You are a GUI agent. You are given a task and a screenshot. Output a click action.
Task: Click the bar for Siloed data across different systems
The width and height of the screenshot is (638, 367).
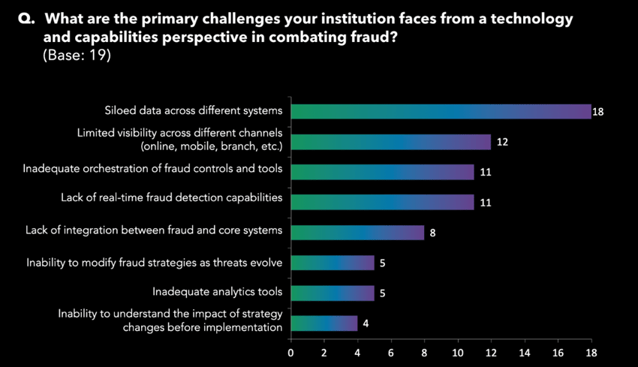point(441,111)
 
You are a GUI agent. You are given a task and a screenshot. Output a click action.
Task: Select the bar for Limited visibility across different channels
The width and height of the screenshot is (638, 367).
point(390,142)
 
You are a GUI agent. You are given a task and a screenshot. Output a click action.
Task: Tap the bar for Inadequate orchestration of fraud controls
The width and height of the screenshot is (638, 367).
point(382,172)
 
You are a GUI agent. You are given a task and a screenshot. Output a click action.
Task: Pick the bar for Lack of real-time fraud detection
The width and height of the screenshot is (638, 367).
point(382,202)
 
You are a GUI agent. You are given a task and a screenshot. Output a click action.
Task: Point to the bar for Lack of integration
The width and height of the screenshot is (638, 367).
point(357,233)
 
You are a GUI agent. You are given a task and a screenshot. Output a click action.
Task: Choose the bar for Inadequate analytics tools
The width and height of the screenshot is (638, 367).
point(332,293)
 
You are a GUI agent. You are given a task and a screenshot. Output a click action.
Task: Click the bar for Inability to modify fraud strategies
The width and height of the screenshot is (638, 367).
point(332,263)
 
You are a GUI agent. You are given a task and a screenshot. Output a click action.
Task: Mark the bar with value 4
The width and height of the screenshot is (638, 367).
point(324,323)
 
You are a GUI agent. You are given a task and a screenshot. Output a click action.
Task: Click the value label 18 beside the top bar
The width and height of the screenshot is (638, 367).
point(598,112)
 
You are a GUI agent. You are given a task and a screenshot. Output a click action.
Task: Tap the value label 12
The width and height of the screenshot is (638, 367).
point(503,142)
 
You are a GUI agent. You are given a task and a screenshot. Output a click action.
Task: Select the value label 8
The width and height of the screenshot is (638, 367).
point(432,233)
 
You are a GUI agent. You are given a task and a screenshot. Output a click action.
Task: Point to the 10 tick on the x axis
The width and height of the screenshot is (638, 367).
point(458,351)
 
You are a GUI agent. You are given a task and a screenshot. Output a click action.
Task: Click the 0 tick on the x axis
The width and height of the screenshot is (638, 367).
point(290,351)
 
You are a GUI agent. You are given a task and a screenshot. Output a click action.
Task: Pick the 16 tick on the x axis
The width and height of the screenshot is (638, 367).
point(558,351)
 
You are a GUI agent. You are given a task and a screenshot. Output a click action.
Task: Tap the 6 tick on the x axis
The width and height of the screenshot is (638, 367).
point(391,351)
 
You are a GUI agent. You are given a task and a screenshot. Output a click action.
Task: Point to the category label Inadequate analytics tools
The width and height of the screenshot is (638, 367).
point(217,292)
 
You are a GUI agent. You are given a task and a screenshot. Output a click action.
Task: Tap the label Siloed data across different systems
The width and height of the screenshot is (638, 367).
point(194,111)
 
